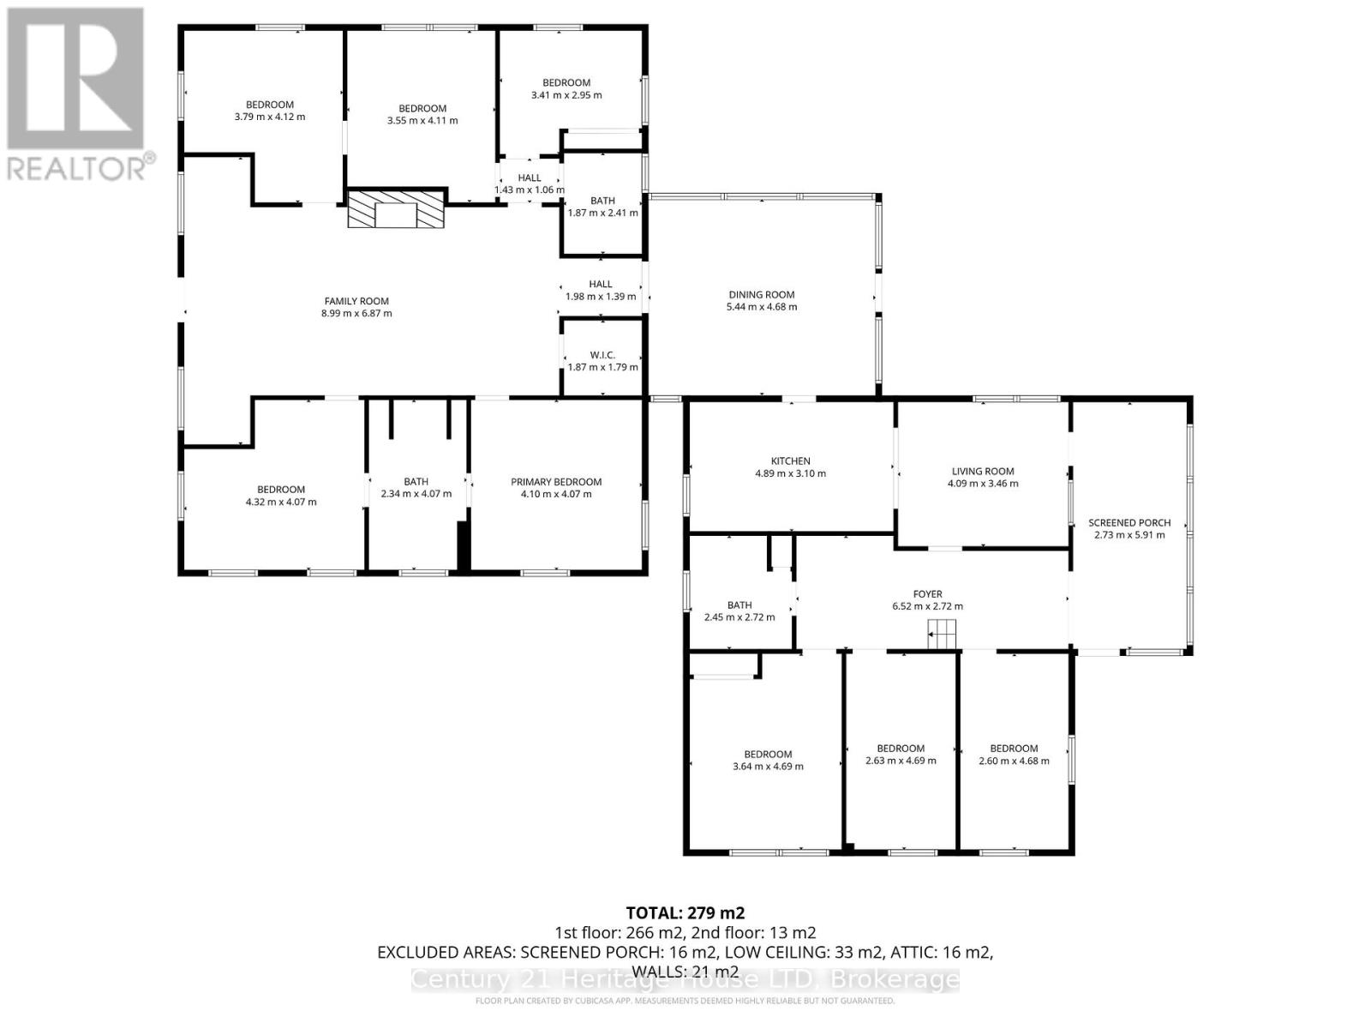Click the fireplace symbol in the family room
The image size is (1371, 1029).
point(396,210)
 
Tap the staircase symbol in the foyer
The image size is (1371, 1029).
point(941,635)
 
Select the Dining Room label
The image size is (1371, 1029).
point(761,294)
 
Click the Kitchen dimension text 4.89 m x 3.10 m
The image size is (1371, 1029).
point(790,473)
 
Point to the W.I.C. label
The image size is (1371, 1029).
point(602,355)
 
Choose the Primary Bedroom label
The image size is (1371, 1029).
point(556,482)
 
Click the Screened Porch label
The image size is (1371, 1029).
point(1129,522)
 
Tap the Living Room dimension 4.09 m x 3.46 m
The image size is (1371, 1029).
point(983,484)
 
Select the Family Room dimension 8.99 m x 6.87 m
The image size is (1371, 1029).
point(356,314)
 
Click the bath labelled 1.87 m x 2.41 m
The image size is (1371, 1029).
point(602,207)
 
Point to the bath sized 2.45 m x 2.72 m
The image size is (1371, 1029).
point(739,611)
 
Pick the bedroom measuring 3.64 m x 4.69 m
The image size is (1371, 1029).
point(768,761)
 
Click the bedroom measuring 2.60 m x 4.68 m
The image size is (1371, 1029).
point(1014,755)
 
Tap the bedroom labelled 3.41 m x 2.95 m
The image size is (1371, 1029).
point(566,89)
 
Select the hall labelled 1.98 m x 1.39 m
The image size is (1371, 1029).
point(601,291)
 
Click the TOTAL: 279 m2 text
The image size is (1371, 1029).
point(680,912)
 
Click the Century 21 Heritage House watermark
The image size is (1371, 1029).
point(685,979)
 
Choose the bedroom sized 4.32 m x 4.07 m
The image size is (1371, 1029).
point(281,496)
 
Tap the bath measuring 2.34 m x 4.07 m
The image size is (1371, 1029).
point(416,488)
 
